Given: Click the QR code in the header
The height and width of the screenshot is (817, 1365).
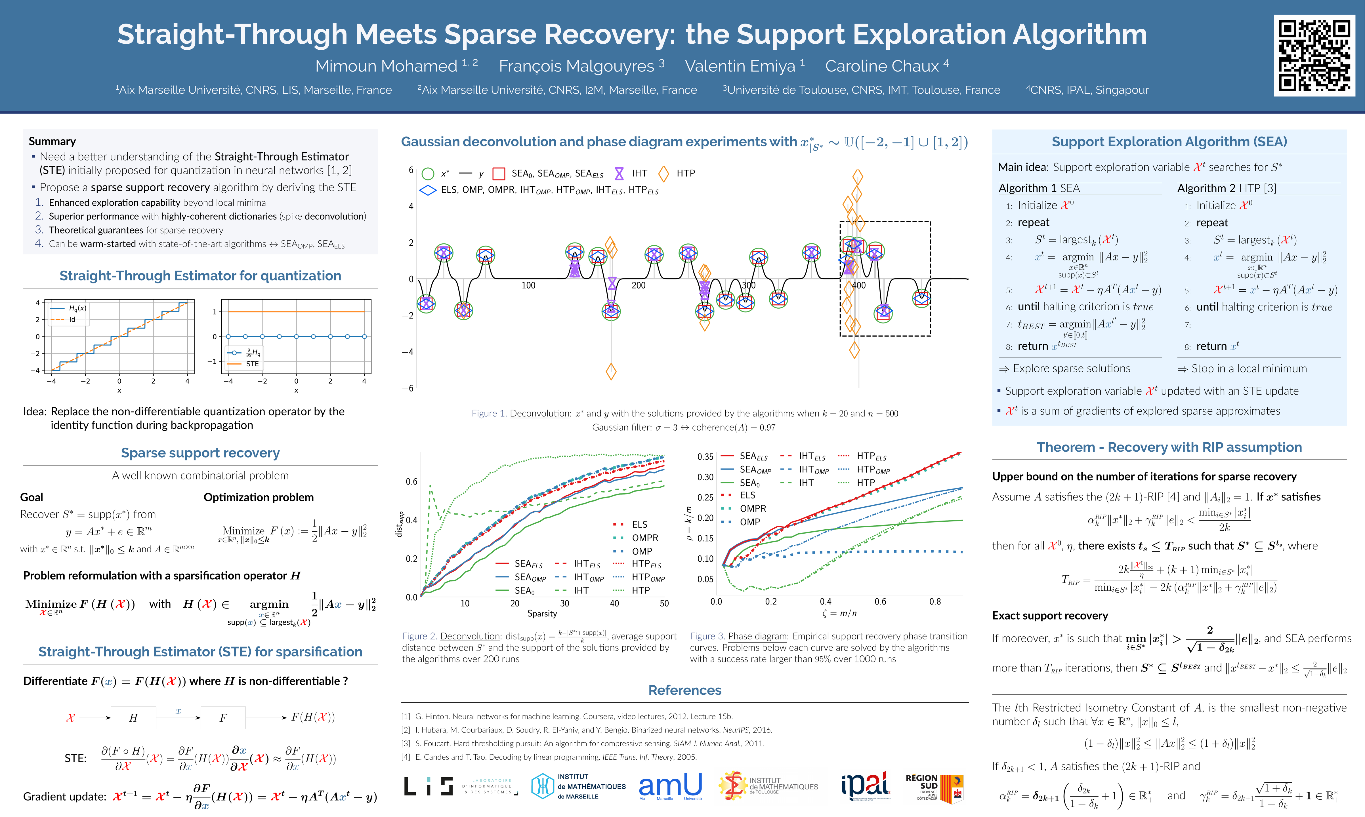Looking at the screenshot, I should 1314,56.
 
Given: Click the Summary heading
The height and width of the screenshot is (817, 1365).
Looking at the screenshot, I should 52,142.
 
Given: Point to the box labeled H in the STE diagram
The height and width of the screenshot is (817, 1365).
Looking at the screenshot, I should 133,718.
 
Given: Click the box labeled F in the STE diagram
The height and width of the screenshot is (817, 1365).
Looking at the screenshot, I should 223,718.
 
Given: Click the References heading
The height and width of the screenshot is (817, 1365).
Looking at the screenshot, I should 684,690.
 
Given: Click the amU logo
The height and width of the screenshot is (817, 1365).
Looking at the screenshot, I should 670,786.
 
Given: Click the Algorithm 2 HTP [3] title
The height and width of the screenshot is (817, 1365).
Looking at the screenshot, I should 1226,188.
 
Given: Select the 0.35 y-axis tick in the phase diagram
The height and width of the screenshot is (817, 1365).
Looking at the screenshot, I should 705,457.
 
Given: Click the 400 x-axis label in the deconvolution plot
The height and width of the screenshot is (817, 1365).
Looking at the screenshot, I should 858,285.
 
